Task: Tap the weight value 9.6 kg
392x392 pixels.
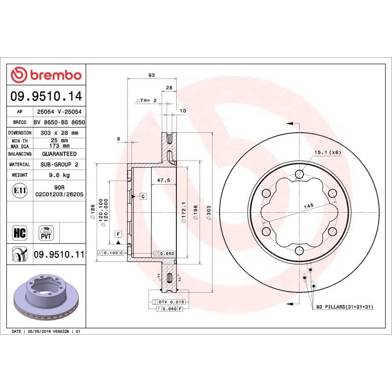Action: point(59,175)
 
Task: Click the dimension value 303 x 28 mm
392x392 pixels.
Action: point(59,133)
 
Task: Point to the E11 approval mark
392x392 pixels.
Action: point(20,191)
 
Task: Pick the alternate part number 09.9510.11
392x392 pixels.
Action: point(59,254)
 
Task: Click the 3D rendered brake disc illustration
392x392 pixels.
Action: point(47,296)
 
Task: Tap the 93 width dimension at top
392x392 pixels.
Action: point(151,75)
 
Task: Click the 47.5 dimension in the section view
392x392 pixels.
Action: point(163,180)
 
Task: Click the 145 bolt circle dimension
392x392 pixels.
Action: point(308,206)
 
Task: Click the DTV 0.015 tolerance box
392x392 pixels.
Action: point(168,301)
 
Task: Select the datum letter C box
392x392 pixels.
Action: point(143,196)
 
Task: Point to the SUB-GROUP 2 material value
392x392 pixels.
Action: point(59,165)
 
